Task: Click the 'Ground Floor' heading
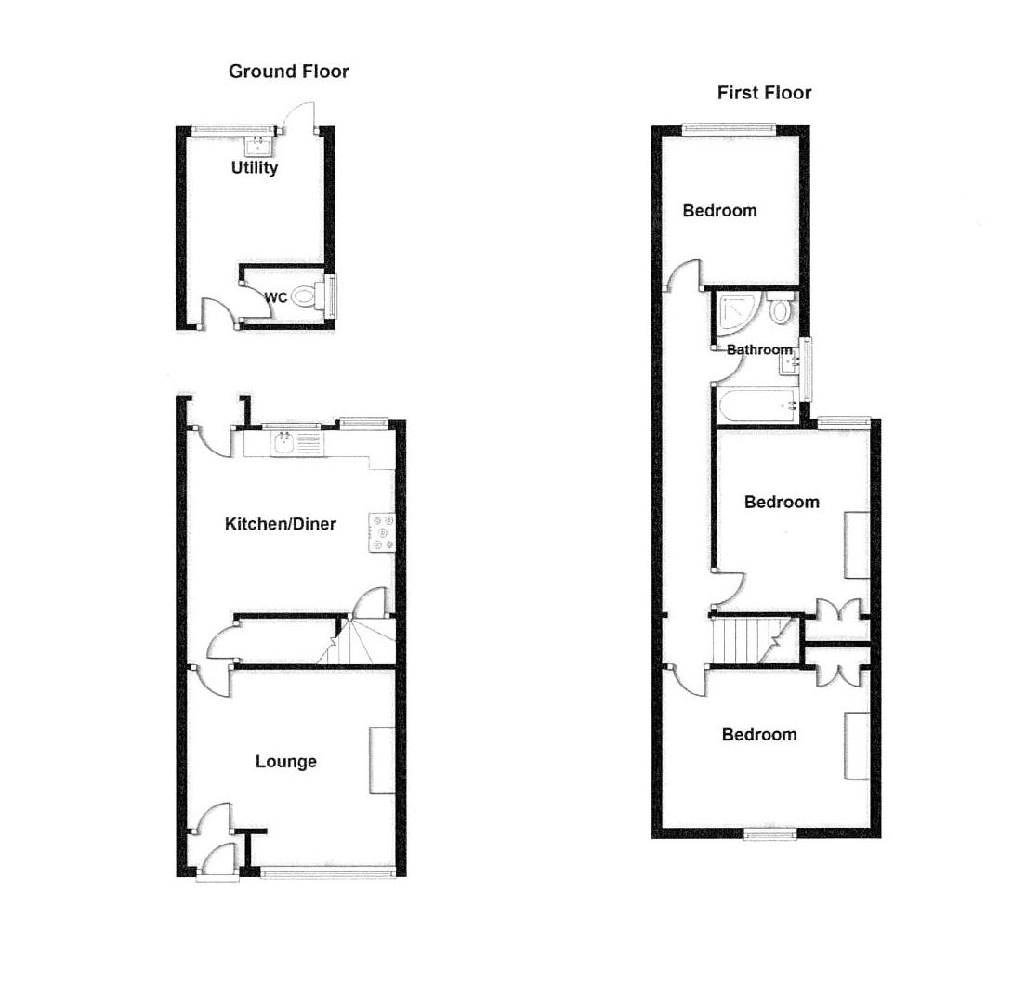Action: pyautogui.click(x=288, y=72)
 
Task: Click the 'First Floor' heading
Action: pyautogui.click(x=764, y=93)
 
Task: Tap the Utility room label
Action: pyautogui.click(x=255, y=168)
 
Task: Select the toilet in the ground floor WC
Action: pyautogui.click(x=305, y=297)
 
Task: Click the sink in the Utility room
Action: pyautogui.click(x=257, y=145)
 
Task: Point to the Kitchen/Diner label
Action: pyautogui.click(x=281, y=524)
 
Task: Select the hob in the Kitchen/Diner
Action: pyautogui.click(x=383, y=532)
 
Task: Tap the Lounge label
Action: pyautogui.click(x=286, y=762)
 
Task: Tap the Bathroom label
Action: pyautogui.click(x=759, y=350)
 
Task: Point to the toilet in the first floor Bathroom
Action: pyautogui.click(x=781, y=309)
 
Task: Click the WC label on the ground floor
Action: pyautogui.click(x=276, y=298)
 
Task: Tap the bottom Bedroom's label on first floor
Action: pyautogui.click(x=759, y=735)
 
